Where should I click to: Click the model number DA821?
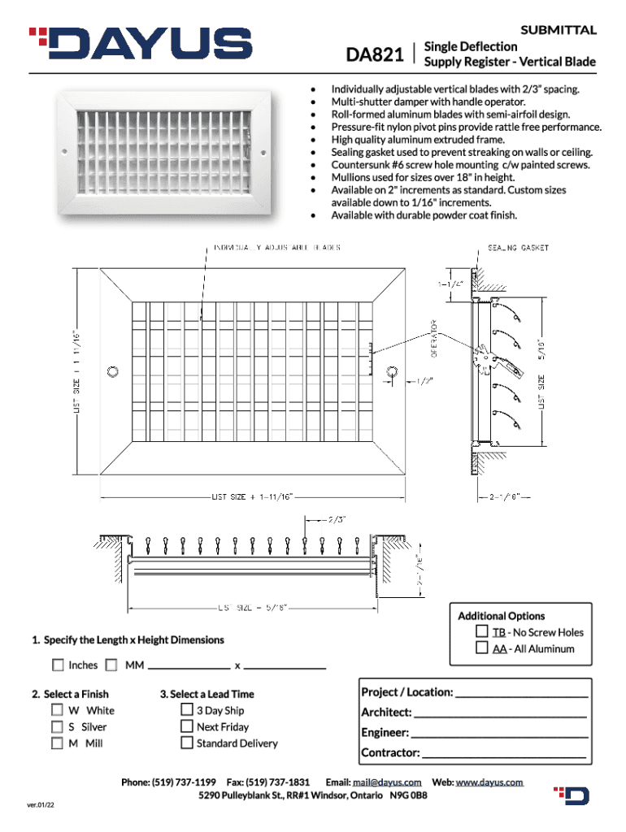[x=376, y=56]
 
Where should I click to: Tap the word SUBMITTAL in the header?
[x=559, y=30]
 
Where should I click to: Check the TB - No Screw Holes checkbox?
[x=481, y=632]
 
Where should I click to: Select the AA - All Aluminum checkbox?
[x=481, y=648]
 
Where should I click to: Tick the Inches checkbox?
[x=58, y=665]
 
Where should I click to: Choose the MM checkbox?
[x=111, y=665]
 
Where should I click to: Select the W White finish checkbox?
[x=58, y=710]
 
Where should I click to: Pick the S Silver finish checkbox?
[x=58, y=727]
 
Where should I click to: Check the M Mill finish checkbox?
[x=58, y=743]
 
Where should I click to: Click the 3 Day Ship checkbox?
[x=187, y=710]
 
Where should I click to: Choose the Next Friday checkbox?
[x=187, y=727]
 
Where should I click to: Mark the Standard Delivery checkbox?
[x=187, y=743]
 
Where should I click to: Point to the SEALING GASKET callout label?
[x=518, y=247]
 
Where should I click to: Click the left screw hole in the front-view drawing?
[x=112, y=371]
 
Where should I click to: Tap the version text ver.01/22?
[x=40, y=805]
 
